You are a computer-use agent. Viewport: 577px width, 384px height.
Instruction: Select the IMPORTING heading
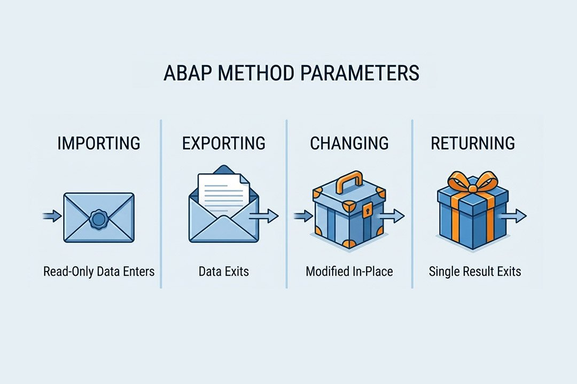pyautogui.click(x=99, y=143)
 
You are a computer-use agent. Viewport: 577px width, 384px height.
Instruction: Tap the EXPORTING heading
pyautogui.click(x=223, y=143)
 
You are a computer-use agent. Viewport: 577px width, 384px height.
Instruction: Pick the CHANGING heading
pyautogui.click(x=349, y=143)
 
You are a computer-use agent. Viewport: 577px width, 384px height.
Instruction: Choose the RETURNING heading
pyautogui.click(x=473, y=143)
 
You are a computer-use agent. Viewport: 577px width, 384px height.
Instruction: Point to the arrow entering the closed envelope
pyautogui.click(x=52, y=216)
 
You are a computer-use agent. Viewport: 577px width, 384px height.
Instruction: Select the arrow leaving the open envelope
pyautogui.click(x=266, y=215)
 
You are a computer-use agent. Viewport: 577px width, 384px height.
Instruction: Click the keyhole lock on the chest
pyautogui.click(x=367, y=212)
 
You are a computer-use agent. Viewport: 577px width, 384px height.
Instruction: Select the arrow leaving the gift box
pyautogui.click(x=514, y=215)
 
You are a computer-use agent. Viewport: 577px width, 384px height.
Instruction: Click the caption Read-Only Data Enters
pyautogui.click(x=99, y=271)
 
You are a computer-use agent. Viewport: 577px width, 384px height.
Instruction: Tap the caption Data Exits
pyautogui.click(x=223, y=271)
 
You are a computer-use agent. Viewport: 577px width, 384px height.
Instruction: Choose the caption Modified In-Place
pyautogui.click(x=349, y=271)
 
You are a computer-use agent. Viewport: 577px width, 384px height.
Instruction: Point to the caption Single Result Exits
pyautogui.click(x=474, y=271)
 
